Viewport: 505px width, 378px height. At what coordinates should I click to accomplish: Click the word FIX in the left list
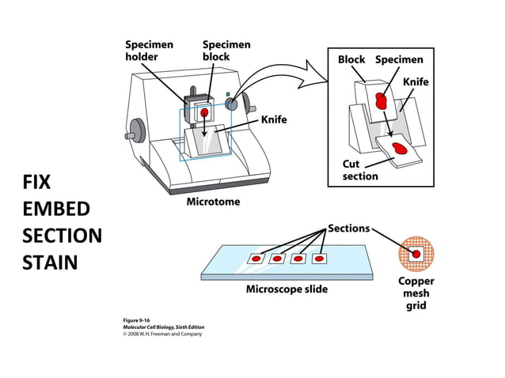36,183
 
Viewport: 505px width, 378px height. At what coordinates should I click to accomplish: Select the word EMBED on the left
55,209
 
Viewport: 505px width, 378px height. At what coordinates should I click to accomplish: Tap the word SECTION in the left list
62,236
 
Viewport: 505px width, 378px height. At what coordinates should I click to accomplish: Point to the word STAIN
50,262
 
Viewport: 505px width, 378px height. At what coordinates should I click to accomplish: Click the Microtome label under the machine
212,202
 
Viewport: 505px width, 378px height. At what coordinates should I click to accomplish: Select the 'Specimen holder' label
148,51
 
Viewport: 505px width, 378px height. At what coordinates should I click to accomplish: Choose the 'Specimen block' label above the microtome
227,51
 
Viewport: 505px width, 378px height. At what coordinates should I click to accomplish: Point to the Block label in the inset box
351,59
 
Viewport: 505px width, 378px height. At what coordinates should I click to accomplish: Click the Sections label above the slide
348,229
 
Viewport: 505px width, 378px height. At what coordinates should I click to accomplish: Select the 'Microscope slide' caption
286,289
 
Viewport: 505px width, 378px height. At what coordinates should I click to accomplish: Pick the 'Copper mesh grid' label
416,293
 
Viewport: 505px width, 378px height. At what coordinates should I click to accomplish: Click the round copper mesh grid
416,253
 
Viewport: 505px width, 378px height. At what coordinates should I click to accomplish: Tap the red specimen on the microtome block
204,113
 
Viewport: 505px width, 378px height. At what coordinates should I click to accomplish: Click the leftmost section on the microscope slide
257,259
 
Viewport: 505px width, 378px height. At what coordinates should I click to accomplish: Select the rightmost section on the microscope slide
319,258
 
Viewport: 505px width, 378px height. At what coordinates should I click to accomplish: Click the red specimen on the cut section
401,147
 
